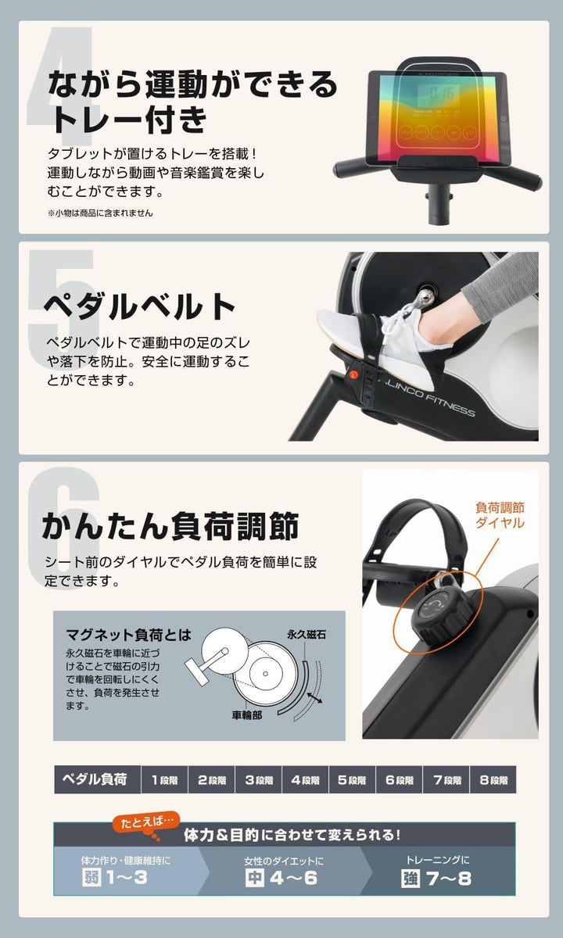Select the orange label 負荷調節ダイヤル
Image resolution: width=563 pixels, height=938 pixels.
coord(500,515)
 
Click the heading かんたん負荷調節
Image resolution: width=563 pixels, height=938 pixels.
coord(170,527)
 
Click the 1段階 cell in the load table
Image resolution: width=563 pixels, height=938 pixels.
coord(164,779)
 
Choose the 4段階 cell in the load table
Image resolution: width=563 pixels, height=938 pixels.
coord(305,779)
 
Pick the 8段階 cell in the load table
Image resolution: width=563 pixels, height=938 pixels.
coord(493,779)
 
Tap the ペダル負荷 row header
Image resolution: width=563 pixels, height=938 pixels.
coord(97,779)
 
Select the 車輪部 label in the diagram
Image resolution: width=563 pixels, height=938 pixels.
coord(247,714)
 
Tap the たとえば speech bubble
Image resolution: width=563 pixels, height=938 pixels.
coord(145,822)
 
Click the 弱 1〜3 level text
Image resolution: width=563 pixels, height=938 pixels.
coord(115,877)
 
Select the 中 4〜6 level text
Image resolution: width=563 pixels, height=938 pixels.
coord(282,877)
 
